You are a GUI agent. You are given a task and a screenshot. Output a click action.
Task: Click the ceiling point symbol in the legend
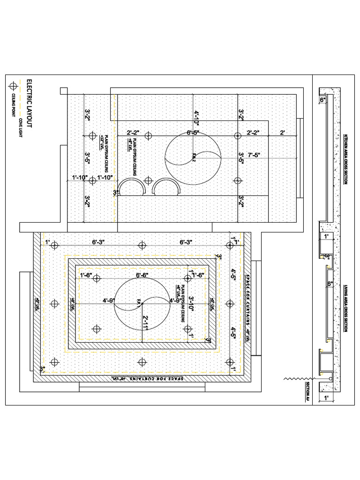13,86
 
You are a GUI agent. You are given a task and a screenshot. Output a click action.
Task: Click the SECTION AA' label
308,392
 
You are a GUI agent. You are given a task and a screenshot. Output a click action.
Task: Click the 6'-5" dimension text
193,133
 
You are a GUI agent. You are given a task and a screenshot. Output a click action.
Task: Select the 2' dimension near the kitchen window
282,133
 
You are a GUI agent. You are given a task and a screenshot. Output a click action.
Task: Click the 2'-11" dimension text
146,323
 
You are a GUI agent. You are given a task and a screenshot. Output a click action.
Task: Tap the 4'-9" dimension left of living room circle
108,300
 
